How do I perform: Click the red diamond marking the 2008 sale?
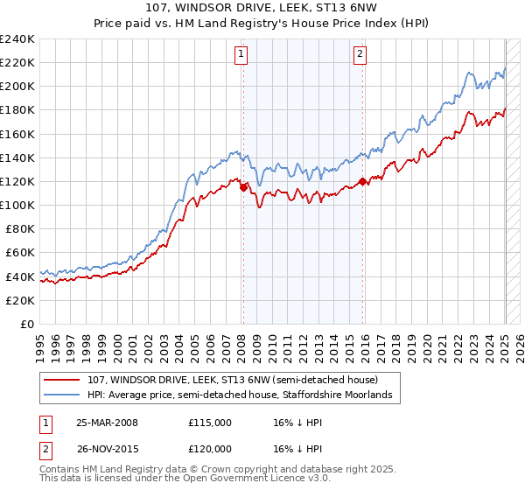pos(244,186)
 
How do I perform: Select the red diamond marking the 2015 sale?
pos(363,182)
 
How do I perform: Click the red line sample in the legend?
pos(64,380)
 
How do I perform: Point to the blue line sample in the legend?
pos(64,395)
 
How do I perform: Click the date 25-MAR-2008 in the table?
pos(107,423)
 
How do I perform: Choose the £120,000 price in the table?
pos(209,449)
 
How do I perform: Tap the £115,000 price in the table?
pos(209,423)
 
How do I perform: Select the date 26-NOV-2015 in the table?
pos(107,449)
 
